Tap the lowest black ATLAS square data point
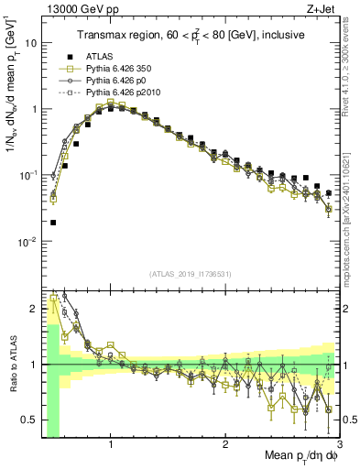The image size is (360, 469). tap(53, 223)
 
